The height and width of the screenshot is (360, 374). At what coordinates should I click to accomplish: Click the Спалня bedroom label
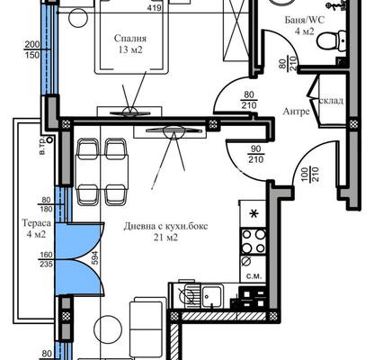pyautogui.click(x=130, y=39)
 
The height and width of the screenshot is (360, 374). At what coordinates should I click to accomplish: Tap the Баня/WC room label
pyautogui.click(x=305, y=20)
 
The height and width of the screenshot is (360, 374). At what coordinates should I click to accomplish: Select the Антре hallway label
pyautogui.click(x=296, y=112)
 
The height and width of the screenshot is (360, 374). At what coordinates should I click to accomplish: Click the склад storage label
pyautogui.click(x=332, y=101)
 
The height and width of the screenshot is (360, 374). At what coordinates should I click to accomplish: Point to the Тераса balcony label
pyautogui.click(x=37, y=223)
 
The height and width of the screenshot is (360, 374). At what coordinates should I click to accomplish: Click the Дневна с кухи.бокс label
pyautogui.click(x=165, y=226)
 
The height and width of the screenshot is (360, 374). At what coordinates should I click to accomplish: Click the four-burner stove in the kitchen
pyautogui.click(x=254, y=241)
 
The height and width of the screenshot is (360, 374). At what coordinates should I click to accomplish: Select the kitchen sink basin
pyautogui.click(x=212, y=296)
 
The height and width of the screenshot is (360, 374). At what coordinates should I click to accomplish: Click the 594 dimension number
pyautogui.click(x=94, y=257)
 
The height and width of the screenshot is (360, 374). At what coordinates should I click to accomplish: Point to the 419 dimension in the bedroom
pyautogui.click(x=155, y=7)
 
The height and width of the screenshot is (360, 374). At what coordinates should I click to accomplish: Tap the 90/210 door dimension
pyautogui.click(x=255, y=154)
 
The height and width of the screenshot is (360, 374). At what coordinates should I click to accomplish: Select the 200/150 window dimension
pyautogui.click(x=32, y=49)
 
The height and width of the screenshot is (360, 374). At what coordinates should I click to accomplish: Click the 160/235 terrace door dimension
pyautogui.click(x=46, y=259)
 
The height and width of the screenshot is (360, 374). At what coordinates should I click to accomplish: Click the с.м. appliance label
pyautogui.click(x=254, y=276)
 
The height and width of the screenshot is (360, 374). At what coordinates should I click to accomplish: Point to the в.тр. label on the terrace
pyautogui.click(x=42, y=147)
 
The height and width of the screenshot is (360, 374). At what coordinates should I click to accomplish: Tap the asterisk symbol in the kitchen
pyautogui.click(x=254, y=214)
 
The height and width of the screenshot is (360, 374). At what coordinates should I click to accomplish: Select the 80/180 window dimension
pyautogui.click(x=46, y=204)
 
